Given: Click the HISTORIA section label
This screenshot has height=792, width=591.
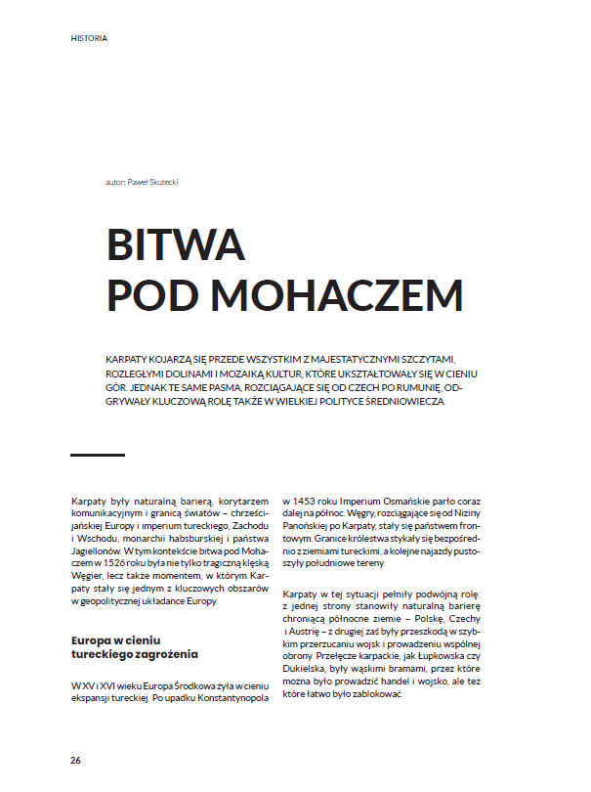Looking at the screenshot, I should point(89,39).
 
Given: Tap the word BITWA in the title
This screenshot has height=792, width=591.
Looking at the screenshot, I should point(176,242).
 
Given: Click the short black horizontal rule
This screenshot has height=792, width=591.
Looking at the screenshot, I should point(98,455).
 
